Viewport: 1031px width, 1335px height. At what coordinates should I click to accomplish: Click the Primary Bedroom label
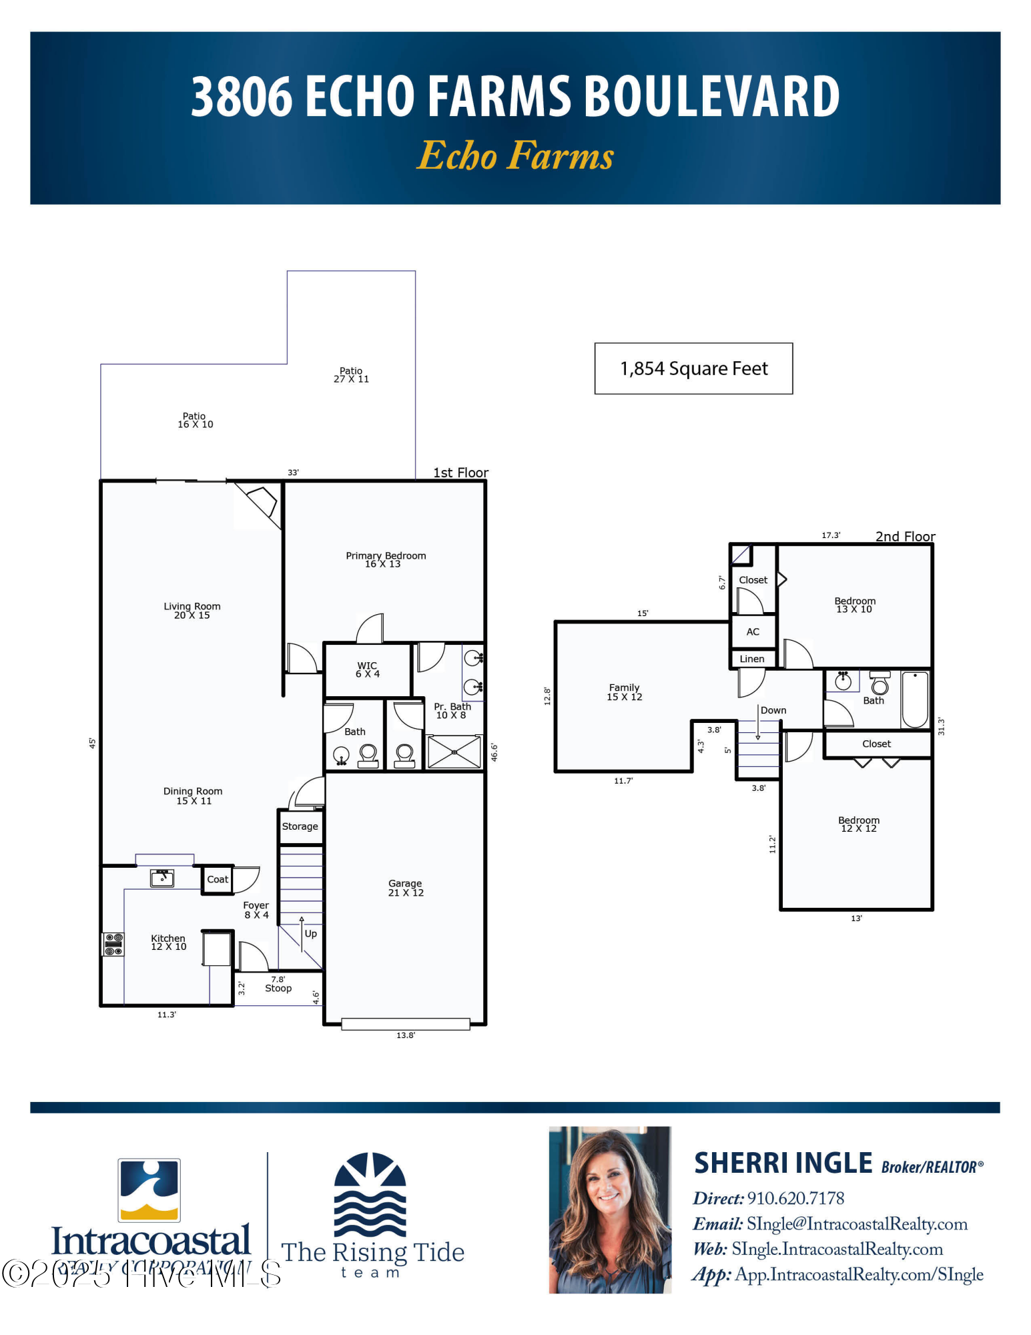point(385,559)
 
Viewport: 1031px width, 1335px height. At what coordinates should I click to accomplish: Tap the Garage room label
point(406,888)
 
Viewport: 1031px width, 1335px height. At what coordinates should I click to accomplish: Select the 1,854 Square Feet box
point(693,368)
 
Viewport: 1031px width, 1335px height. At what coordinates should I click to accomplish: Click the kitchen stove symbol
point(113,944)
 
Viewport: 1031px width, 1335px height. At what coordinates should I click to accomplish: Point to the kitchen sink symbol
point(162,878)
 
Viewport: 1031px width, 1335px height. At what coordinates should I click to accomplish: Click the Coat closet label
point(218,879)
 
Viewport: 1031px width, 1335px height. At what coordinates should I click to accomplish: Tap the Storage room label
point(300,826)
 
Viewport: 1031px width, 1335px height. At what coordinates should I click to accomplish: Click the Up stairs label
point(310,933)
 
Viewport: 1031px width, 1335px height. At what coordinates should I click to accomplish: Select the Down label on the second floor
point(773,710)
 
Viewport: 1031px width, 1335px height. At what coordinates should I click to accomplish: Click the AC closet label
point(753,631)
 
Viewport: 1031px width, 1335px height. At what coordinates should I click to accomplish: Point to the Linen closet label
point(752,659)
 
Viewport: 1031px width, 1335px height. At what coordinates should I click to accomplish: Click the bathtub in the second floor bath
point(915,699)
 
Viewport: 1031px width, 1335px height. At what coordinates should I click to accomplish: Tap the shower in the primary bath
point(454,752)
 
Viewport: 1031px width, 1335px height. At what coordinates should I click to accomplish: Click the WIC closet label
point(367,670)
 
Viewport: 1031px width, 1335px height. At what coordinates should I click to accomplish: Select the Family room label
point(624,692)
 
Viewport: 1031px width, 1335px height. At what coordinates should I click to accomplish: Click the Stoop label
point(278,988)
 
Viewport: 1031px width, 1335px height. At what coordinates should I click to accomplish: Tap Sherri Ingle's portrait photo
point(610,1210)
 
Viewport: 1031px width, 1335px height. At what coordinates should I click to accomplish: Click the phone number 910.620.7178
point(795,1198)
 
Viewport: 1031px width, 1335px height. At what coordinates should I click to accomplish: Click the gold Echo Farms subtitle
point(515,156)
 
